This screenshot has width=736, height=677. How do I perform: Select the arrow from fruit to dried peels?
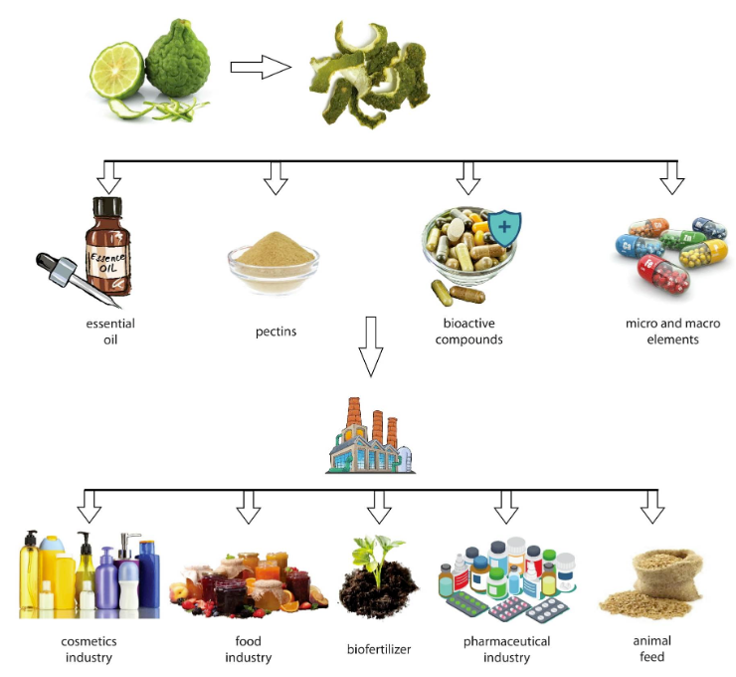(x=260, y=68)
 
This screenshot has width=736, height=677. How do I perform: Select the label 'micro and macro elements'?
(x=672, y=332)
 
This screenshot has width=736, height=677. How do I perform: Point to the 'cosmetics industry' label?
(x=89, y=649)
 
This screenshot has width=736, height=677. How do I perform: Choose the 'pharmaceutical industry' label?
(x=506, y=649)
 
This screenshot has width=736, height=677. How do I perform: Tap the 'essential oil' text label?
(x=110, y=332)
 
